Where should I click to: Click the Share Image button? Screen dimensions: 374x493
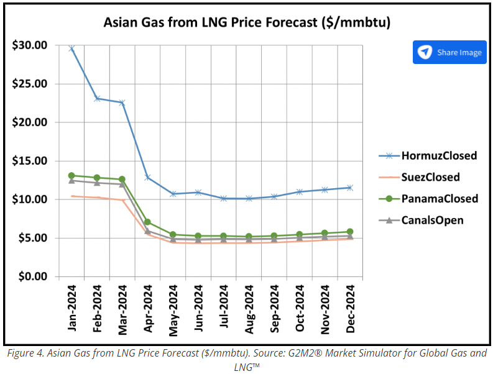coord(449,52)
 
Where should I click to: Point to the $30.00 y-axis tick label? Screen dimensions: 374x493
coord(30,45)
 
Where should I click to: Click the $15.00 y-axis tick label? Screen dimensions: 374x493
coord(30,161)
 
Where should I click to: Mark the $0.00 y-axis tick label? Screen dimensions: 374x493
coord(32,276)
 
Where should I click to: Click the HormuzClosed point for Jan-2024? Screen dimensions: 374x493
coord(71,48)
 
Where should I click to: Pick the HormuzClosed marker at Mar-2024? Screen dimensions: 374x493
coord(122,103)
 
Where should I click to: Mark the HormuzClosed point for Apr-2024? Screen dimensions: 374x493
coord(147,177)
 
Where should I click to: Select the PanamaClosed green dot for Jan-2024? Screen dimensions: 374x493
coord(71,176)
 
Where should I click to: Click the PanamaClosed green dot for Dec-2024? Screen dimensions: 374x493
coord(350,232)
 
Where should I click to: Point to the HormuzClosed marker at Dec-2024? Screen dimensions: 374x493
coord(350,188)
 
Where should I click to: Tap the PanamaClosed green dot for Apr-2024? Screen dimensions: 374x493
coord(147,222)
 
